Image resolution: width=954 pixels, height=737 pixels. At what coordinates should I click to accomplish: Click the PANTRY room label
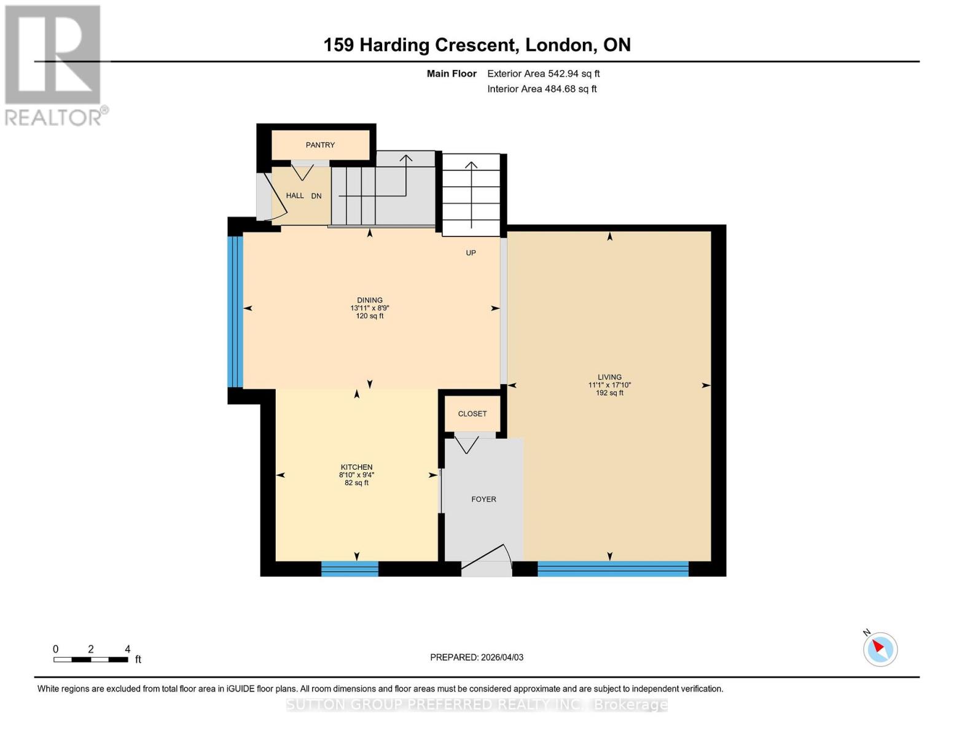coord(320,145)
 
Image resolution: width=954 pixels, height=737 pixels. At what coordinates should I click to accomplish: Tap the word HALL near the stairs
coord(295,195)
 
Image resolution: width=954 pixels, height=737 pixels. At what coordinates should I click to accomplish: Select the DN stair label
coord(316,196)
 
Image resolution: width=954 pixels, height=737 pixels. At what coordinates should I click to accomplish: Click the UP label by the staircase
coord(471,252)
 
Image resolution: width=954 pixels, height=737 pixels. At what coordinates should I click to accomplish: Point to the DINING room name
coord(370,300)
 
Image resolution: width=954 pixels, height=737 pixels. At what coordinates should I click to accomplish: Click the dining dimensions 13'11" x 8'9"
coord(370,308)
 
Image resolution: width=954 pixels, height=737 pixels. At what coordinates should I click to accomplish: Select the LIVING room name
coord(609,377)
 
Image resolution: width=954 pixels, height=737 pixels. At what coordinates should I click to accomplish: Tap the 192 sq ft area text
coord(609,393)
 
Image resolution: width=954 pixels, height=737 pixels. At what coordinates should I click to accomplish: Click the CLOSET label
coord(472,414)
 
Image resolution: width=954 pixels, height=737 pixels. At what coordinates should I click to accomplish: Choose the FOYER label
coord(483,499)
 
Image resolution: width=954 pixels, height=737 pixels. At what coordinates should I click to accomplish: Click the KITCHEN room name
coord(356,467)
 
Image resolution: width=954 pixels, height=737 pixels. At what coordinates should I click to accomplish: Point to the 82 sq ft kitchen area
coord(356,483)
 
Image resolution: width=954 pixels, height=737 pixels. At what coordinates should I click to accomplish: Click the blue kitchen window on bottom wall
coord(350,569)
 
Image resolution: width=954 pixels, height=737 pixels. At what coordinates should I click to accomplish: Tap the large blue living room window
coord(612,569)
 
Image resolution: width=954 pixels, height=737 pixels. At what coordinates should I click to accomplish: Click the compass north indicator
coord(880,649)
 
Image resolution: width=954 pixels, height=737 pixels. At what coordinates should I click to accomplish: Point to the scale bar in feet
coord(91,659)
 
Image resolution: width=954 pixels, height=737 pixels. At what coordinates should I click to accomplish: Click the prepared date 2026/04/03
coord(477,657)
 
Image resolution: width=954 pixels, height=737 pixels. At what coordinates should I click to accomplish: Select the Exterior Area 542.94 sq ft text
coord(543,74)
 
